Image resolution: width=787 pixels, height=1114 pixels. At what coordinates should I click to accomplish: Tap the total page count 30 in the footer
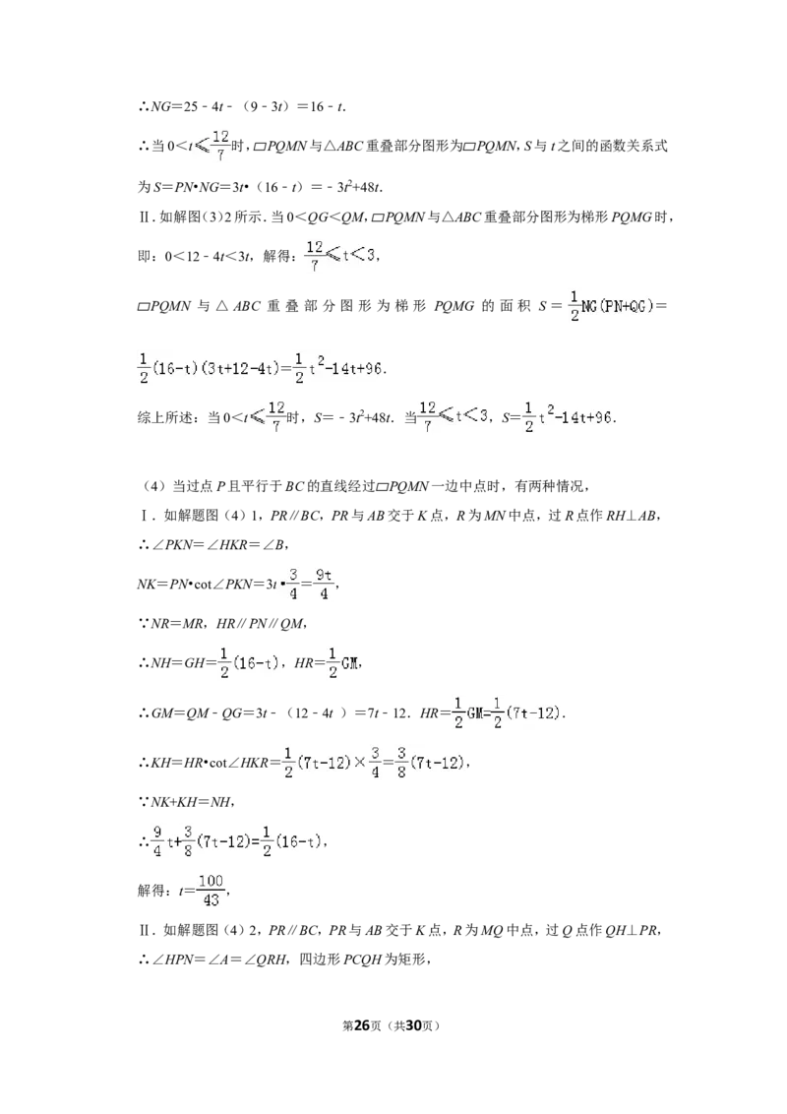pos(413,1024)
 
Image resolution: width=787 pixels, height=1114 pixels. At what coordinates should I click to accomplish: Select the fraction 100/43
pos(211,891)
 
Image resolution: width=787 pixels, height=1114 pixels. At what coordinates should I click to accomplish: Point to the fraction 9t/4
pos(324,584)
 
